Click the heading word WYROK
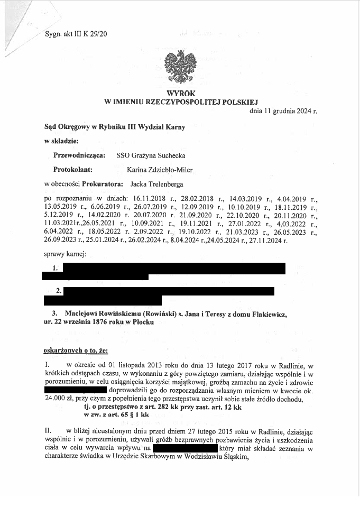click(x=181, y=93)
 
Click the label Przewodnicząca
click(x=79, y=155)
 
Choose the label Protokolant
click(x=73, y=170)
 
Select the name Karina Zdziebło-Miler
click(x=160, y=170)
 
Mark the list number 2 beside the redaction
click(x=59, y=291)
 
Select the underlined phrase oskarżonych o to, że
click(x=75, y=350)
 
